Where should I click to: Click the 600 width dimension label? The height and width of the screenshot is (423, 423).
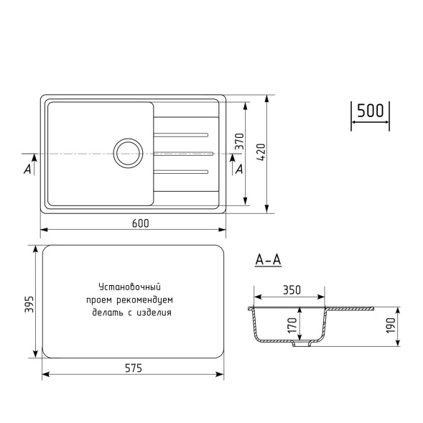point(141,223)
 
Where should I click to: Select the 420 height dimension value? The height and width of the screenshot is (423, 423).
point(261,152)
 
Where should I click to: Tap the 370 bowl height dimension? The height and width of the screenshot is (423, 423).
point(239,141)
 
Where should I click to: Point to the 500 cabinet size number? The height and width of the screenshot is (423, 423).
point(370,111)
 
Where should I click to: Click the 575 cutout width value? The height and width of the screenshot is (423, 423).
point(134,368)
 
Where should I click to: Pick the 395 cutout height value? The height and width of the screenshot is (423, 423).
point(29,305)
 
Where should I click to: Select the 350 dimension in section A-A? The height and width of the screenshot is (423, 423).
point(292,290)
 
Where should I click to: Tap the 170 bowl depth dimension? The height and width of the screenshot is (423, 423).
point(292,325)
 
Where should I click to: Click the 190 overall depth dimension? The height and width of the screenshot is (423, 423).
point(391,325)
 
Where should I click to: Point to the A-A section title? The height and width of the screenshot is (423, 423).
point(268,260)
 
